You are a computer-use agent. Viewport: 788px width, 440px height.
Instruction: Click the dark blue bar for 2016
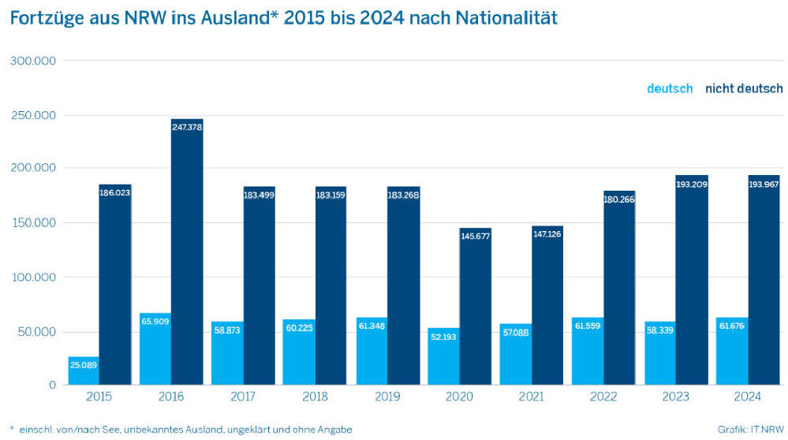pyautogui.click(x=187, y=252)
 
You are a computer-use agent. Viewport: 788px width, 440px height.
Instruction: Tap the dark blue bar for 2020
pyautogui.click(x=475, y=308)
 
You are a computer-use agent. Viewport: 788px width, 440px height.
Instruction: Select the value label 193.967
pyautogui.click(x=763, y=183)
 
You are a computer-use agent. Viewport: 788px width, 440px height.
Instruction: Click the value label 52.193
pyautogui.click(x=443, y=337)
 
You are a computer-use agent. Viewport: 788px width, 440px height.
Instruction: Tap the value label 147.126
pyautogui.click(x=547, y=234)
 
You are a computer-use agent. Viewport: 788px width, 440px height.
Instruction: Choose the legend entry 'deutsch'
pyautogui.click(x=670, y=88)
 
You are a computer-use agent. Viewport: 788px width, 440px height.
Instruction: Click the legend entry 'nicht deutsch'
pyautogui.click(x=744, y=88)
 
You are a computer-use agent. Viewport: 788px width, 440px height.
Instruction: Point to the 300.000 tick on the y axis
pyautogui.click(x=33, y=61)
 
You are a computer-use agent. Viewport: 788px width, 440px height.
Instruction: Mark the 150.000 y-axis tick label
pyautogui.click(x=33, y=223)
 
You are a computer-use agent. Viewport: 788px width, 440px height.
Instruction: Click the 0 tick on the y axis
pyautogui.click(x=52, y=385)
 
